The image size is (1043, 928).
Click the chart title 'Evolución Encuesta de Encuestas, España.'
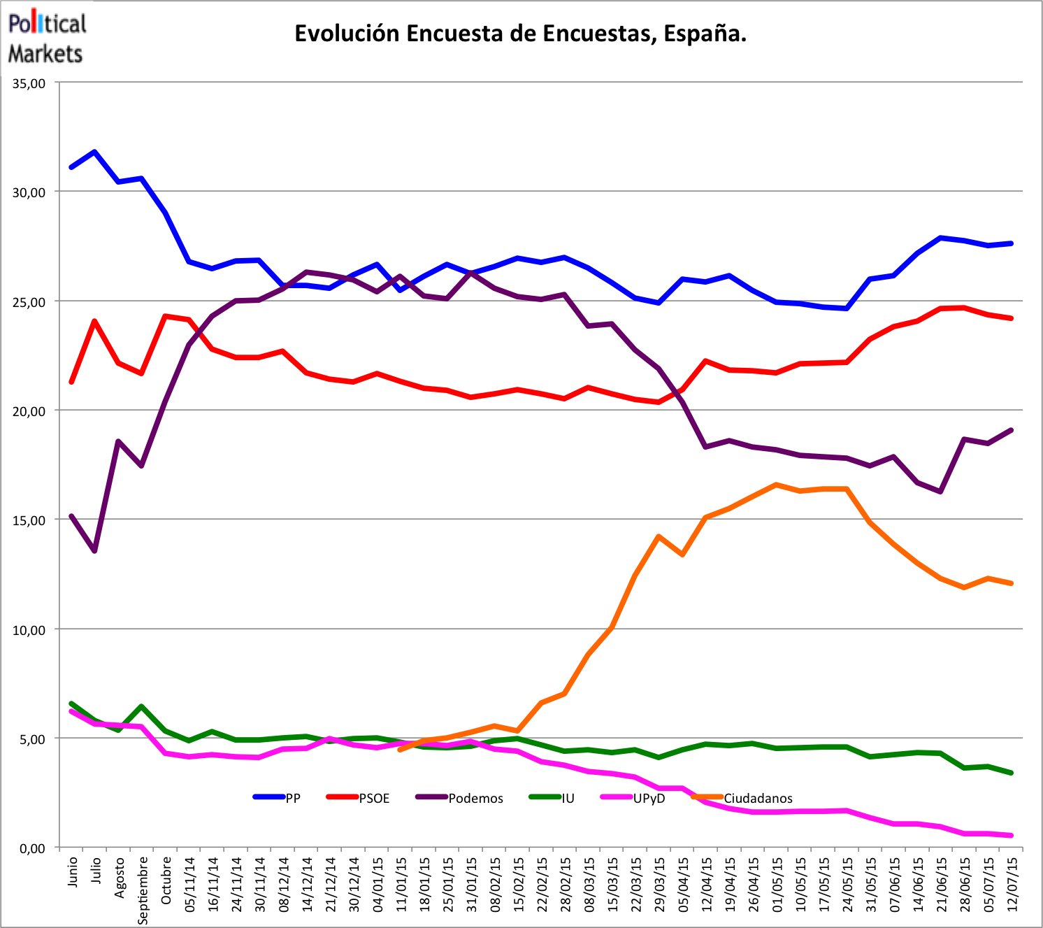click(x=520, y=34)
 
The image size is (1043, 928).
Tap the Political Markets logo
click(x=46, y=38)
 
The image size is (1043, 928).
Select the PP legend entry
click(x=292, y=798)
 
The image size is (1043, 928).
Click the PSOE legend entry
click(x=374, y=798)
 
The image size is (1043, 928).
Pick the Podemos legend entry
click(x=475, y=798)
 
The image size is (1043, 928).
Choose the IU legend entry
click(x=568, y=798)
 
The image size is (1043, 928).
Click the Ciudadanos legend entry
click(x=758, y=798)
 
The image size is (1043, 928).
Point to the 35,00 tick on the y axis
click(x=29, y=83)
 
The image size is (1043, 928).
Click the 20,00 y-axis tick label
click(x=29, y=411)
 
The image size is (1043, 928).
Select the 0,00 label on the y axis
click(x=31, y=848)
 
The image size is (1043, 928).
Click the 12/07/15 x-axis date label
click(x=1012, y=883)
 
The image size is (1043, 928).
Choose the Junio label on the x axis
click(x=72, y=870)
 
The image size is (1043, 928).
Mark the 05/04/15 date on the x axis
click(x=682, y=883)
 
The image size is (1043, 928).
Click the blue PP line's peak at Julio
click(x=94, y=151)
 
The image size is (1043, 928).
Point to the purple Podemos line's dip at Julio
click(x=94, y=551)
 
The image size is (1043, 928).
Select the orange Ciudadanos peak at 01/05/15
click(x=776, y=485)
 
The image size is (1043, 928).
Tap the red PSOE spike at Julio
click(x=94, y=321)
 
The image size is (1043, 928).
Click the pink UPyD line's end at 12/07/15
click(x=1011, y=835)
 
